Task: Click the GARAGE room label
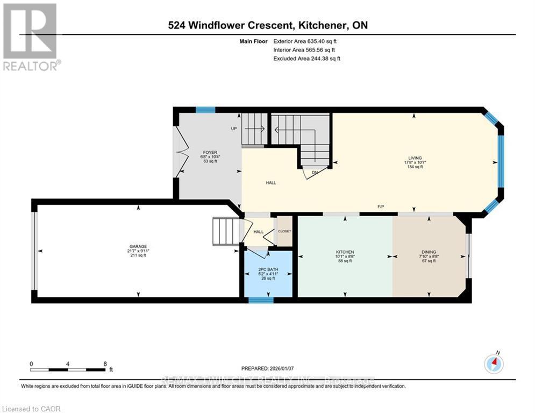click(138, 246)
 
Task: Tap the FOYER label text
click(209, 152)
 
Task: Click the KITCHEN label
click(345, 252)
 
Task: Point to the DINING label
click(429, 252)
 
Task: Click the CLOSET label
click(284, 231)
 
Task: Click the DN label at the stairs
click(315, 173)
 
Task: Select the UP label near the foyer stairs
click(234, 129)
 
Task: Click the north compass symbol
click(494, 364)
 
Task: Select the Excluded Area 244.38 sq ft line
click(306, 58)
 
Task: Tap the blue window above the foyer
click(205, 110)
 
